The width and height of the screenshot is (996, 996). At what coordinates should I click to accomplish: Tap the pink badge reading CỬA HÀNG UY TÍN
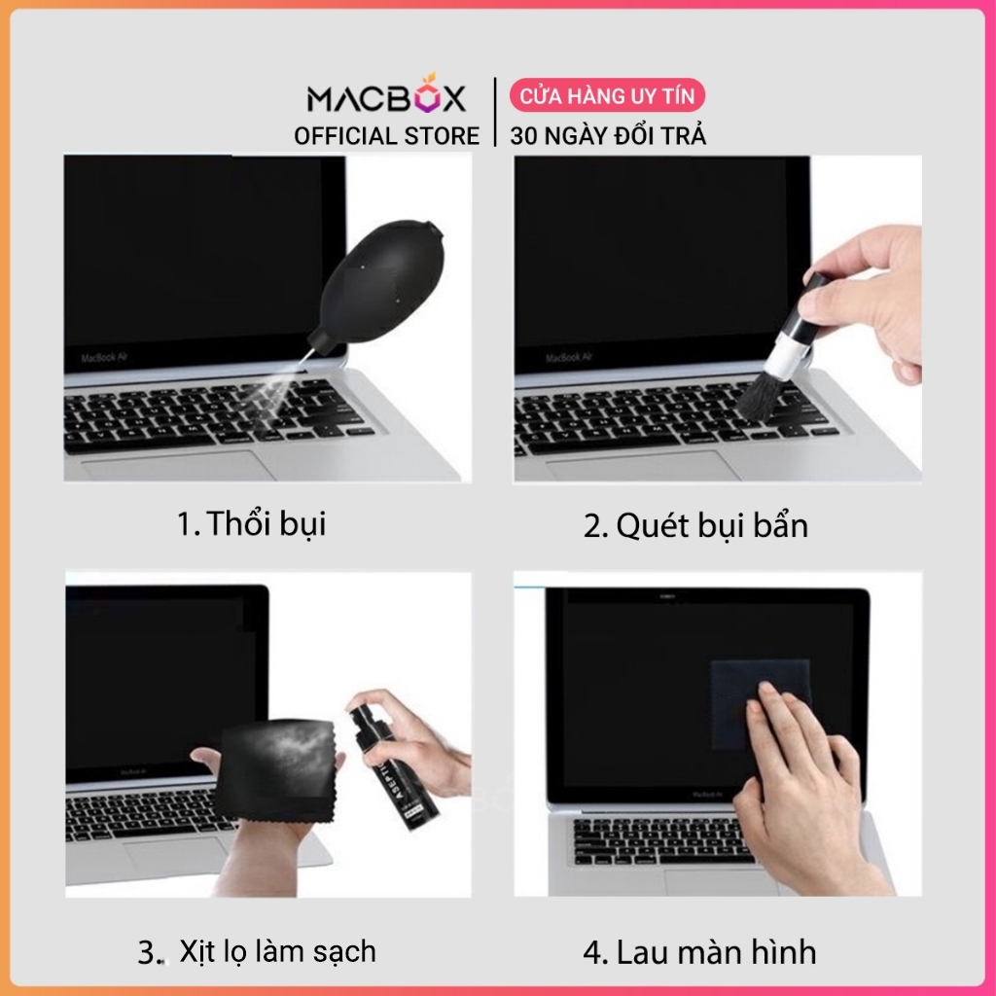tap(607, 95)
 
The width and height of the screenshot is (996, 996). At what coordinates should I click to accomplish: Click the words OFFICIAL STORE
tap(386, 136)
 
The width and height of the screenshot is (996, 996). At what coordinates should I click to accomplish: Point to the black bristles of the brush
tap(761, 396)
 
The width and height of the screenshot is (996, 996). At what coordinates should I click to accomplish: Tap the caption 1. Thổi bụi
tap(252, 524)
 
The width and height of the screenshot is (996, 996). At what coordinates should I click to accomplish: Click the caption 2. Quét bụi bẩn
tap(695, 526)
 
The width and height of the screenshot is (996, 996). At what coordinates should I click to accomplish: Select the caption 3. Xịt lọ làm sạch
tap(257, 952)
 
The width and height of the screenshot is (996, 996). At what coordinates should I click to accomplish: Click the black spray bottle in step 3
tap(394, 762)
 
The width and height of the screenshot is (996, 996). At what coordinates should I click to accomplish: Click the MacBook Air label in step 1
tap(104, 358)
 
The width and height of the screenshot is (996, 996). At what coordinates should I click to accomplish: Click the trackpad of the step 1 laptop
tap(178, 467)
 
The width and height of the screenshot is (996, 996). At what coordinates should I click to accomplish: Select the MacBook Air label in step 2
tap(568, 358)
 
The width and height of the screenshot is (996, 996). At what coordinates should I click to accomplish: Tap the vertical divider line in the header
tap(495, 113)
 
